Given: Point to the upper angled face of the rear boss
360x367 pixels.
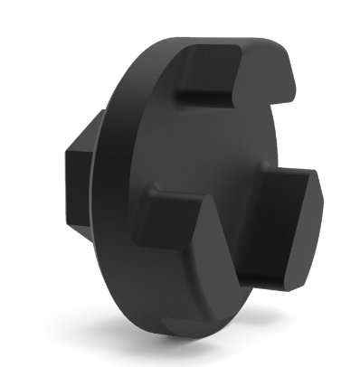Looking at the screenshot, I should [x=90, y=131].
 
